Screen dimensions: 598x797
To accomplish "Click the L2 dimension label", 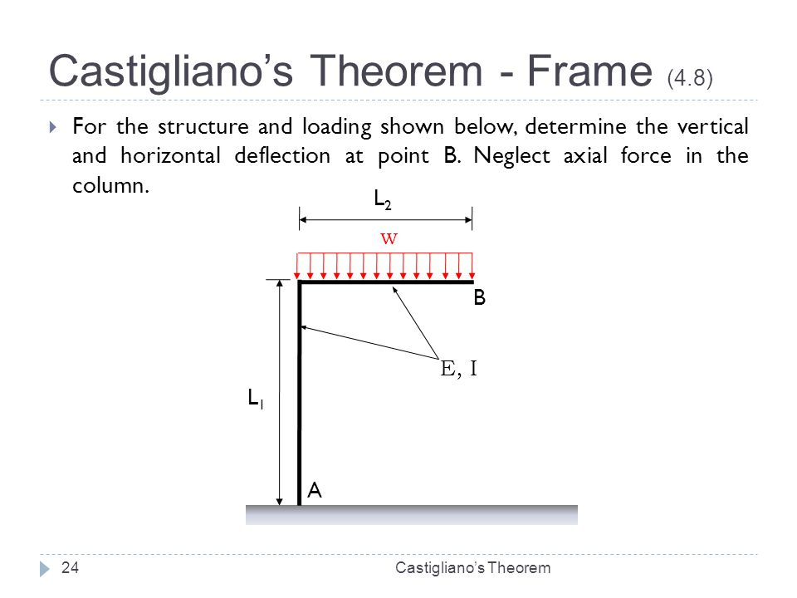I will [382, 199].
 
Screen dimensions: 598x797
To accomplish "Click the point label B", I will [479, 298].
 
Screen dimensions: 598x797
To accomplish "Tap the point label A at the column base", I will [314, 491].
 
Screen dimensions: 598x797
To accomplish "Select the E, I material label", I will [458, 370].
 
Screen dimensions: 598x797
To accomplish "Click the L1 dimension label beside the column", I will [256, 399].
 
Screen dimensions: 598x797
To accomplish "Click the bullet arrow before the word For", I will [53, 128].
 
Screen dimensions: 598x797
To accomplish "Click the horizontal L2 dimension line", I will [385, 219].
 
